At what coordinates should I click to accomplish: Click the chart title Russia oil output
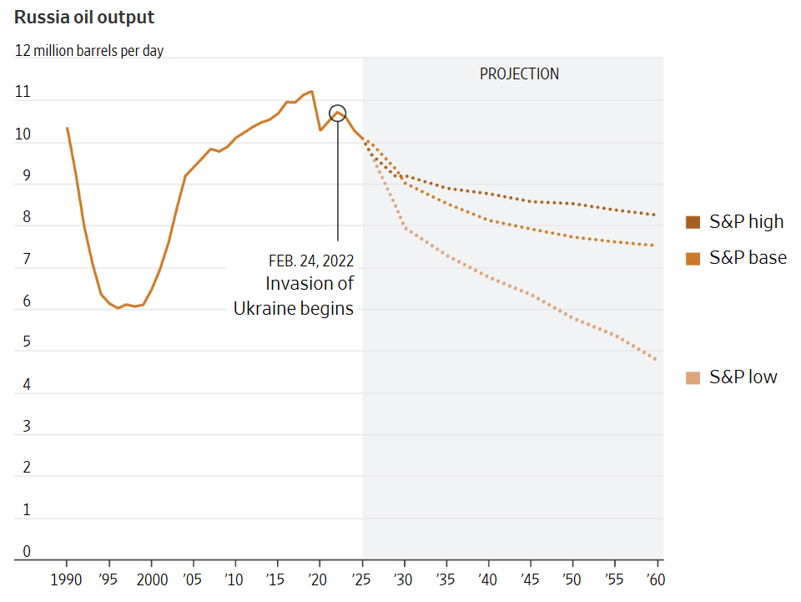84,18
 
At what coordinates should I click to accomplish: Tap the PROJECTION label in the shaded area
519,73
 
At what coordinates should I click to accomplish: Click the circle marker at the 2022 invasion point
337,113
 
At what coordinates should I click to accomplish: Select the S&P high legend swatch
693,221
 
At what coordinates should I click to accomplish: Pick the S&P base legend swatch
693,258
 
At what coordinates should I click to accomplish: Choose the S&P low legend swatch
693,377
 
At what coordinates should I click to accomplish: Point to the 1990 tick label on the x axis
67,579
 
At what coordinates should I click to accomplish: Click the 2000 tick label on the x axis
151,579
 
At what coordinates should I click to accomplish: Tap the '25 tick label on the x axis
361,579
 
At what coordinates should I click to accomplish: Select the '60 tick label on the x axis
655,579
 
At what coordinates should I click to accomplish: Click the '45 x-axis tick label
529,579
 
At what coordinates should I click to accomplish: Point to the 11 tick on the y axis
23,93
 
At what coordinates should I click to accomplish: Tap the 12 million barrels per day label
89,51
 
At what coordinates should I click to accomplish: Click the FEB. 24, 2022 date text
305,260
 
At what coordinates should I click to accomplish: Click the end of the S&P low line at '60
656,359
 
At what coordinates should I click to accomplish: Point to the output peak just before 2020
311,91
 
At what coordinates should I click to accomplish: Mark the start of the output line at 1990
67,128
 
